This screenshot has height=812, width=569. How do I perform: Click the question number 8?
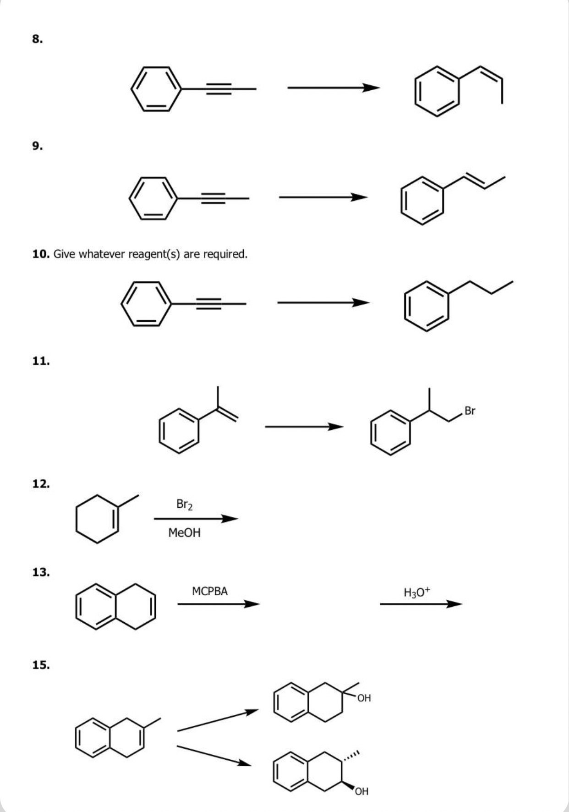38,39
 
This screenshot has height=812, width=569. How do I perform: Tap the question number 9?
38,146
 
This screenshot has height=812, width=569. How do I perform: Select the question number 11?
41,361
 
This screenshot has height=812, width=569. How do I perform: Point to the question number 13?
41,572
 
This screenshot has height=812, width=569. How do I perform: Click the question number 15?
41,665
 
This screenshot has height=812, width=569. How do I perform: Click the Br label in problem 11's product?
470,411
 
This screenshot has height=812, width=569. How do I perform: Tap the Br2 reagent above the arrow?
184,505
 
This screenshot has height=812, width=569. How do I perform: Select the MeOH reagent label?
184,533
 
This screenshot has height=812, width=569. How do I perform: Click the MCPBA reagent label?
210,591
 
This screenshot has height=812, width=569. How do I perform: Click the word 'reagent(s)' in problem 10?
154,254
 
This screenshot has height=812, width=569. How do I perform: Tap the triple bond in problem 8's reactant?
219,88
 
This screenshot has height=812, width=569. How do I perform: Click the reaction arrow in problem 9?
323,198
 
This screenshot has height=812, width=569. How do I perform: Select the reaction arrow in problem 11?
304,427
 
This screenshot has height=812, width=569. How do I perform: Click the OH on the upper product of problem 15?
364,698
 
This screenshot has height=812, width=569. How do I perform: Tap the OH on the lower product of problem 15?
361,791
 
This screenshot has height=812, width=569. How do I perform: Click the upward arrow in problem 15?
218,720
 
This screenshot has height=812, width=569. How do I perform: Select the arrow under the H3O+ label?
421,604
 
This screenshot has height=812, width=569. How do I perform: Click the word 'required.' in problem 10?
225,254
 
